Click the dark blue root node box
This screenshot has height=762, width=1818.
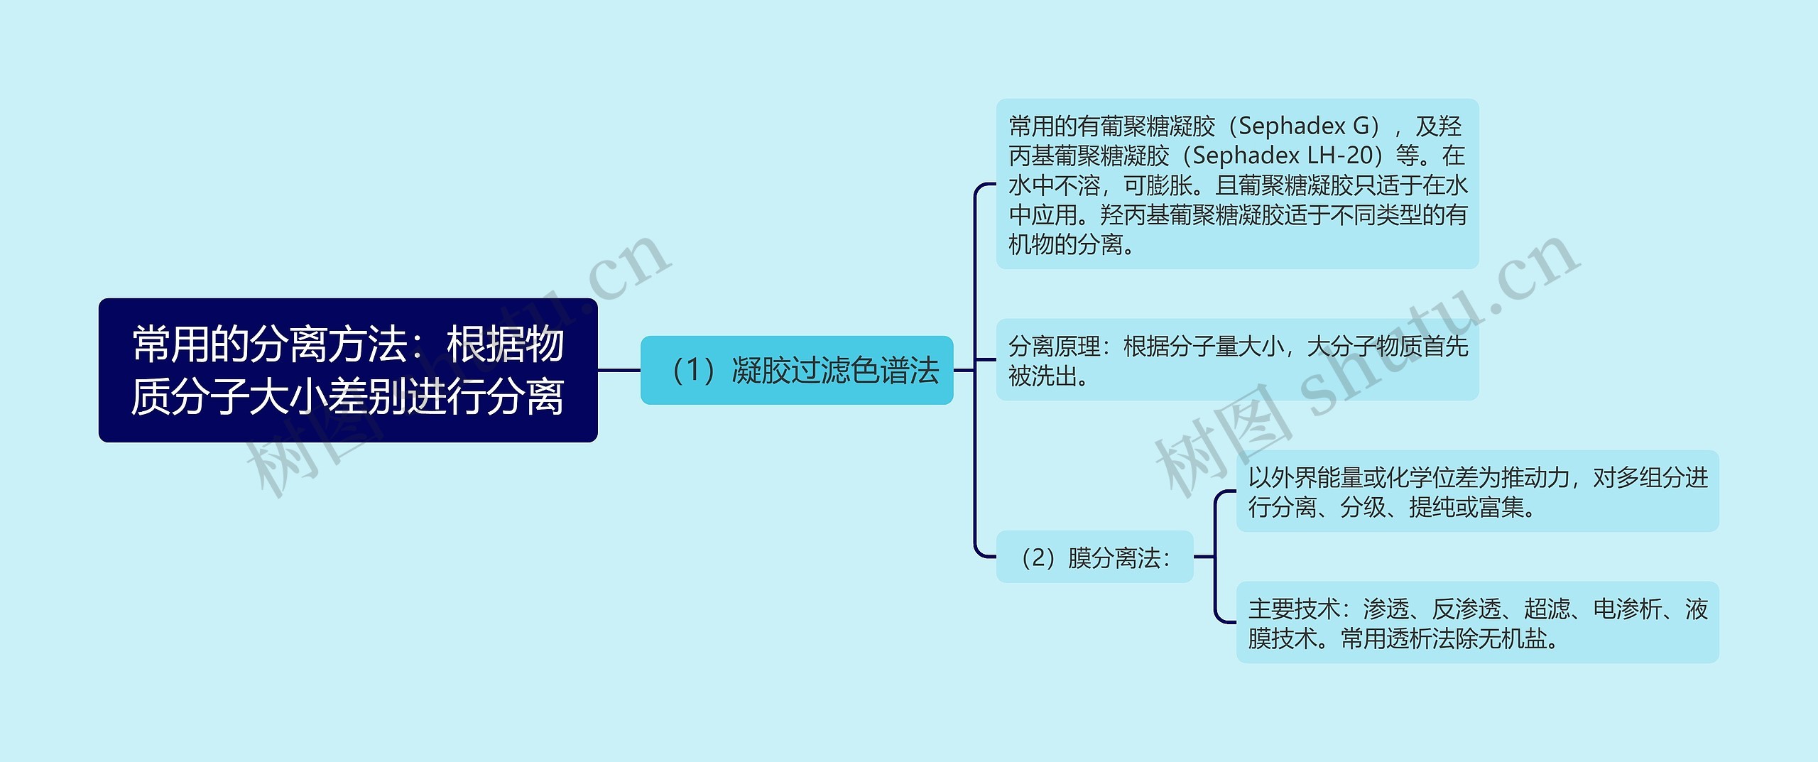tap(348, 370)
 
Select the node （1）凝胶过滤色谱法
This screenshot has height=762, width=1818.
tap(797, 370)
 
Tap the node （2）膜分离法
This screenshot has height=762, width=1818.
tap(1094, 557)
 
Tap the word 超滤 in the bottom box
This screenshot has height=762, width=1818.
tap(1547, 609)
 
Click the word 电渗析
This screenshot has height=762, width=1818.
tap(1628, 609)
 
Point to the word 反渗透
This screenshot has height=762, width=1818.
tap(1466, 609)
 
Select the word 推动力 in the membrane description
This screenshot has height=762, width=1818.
tap(1535, 478)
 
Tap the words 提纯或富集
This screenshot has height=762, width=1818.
tap(1466, 508)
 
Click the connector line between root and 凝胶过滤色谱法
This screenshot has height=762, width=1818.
tap(619, 370)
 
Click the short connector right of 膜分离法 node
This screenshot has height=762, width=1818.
tap(1204, 557)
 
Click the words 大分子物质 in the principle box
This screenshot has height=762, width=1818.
tap(1364, 347)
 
